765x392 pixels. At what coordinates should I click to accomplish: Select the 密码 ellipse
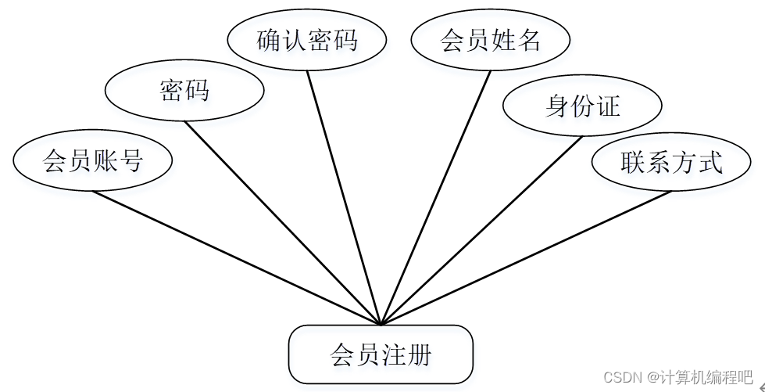184,91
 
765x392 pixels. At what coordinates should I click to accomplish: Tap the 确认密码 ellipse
307,40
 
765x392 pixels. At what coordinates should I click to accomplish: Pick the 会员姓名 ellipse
491,40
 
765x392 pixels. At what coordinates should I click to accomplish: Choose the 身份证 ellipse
582,106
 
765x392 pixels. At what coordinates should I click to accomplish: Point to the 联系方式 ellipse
672,163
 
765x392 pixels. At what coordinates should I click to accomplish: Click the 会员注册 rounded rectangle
381,357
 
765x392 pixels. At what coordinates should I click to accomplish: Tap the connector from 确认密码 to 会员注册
344,197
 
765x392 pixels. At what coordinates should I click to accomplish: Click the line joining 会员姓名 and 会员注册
436,197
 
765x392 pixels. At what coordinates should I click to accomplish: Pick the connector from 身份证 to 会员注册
481,230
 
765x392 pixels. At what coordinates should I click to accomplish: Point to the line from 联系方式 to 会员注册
525,257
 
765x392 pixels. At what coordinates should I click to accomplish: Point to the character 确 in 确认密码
269,40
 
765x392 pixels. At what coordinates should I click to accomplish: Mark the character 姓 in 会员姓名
503,40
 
